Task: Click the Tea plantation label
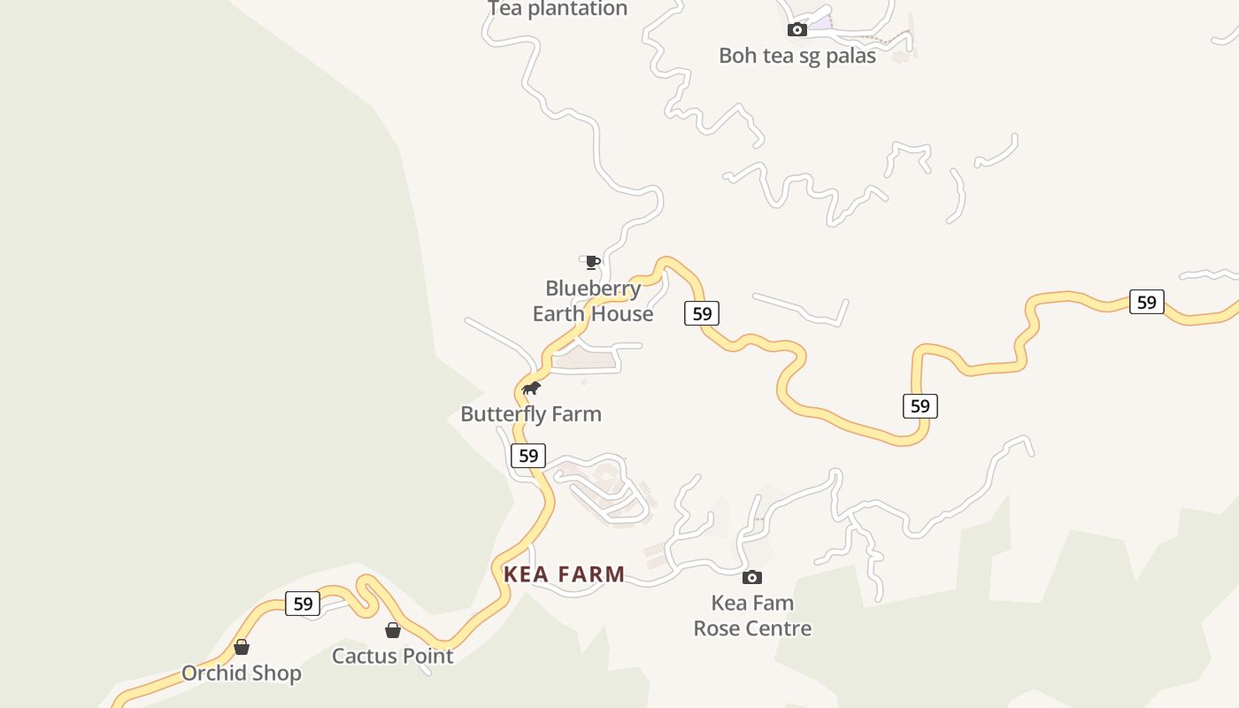tap(558, 9)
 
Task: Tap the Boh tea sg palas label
tap(796, 56)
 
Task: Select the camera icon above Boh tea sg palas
tap(797, 30)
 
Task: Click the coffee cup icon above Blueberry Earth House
tap(592, 262)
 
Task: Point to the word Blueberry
tap(593, 289)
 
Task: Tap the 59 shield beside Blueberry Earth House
tap(702, 313)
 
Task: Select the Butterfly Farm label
tap(531, 414)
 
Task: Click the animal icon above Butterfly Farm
tap(531, 389)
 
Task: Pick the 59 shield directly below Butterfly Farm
tap(528, 456)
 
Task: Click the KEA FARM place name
tap(565, 574)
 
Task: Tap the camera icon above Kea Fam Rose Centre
tap(752, 578)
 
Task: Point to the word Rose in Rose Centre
tap(718, 629)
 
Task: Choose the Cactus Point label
tap(392, 657)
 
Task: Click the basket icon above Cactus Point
tap(393, 630)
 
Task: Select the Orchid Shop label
tap(242, 673)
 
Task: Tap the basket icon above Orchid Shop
tap(242, 647)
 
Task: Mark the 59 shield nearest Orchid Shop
tap(303, 604)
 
